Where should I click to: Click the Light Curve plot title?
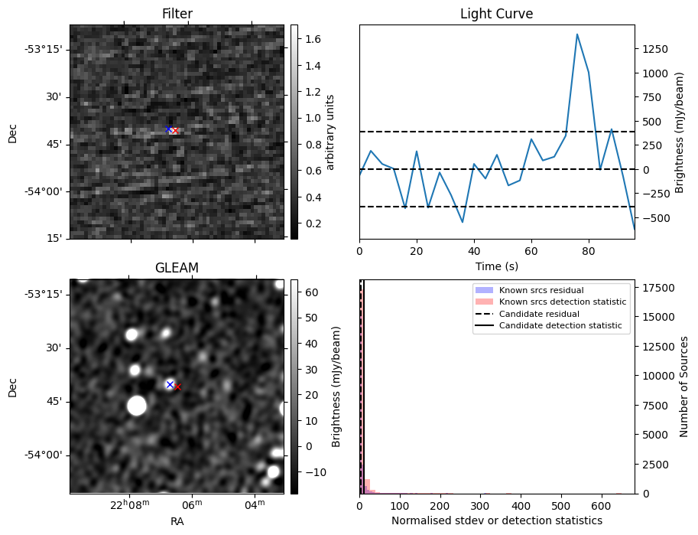pyautogui.click(x=496, y=14)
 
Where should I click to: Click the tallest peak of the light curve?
pyautogui.click(x=577, y=34)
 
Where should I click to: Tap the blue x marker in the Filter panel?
pyautogui.click(x=168, y=129)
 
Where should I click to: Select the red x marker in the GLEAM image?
pyautogui.click(x=177, y=387)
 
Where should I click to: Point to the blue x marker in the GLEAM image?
pyautogui.click(x=170, y=384)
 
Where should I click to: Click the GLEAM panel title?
pyautogui.click(x=177, y=268)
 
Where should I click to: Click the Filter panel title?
pyautogui.click(x=177, y=14)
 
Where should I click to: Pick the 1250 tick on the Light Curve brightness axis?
pyautogui.click(x=656, y=48)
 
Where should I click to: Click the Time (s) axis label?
pyautogui.click(x=496, y=265)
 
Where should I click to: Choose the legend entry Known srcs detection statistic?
pyautogui.click(x=562, y=302)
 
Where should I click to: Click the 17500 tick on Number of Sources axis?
pyautogui.click(x=656, y=288)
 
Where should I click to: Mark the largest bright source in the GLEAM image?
pyautogui.click(x=137, y=405)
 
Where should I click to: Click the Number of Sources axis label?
pyautogui.click(x=685, y=387)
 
